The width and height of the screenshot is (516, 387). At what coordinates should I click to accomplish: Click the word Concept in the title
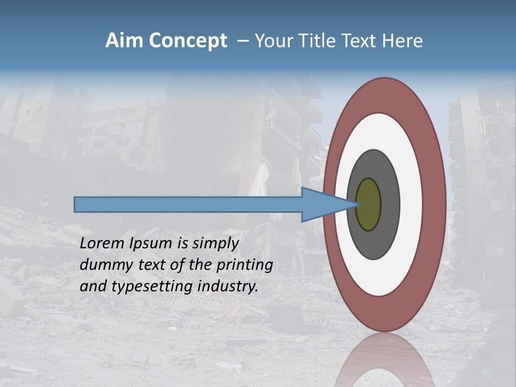pos(188,41)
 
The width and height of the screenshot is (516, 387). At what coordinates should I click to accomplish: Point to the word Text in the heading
pos(362,41)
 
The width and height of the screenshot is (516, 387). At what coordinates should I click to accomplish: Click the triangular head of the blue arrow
pos(322,205)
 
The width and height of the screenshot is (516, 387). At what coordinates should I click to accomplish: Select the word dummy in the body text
pos(104,266)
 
